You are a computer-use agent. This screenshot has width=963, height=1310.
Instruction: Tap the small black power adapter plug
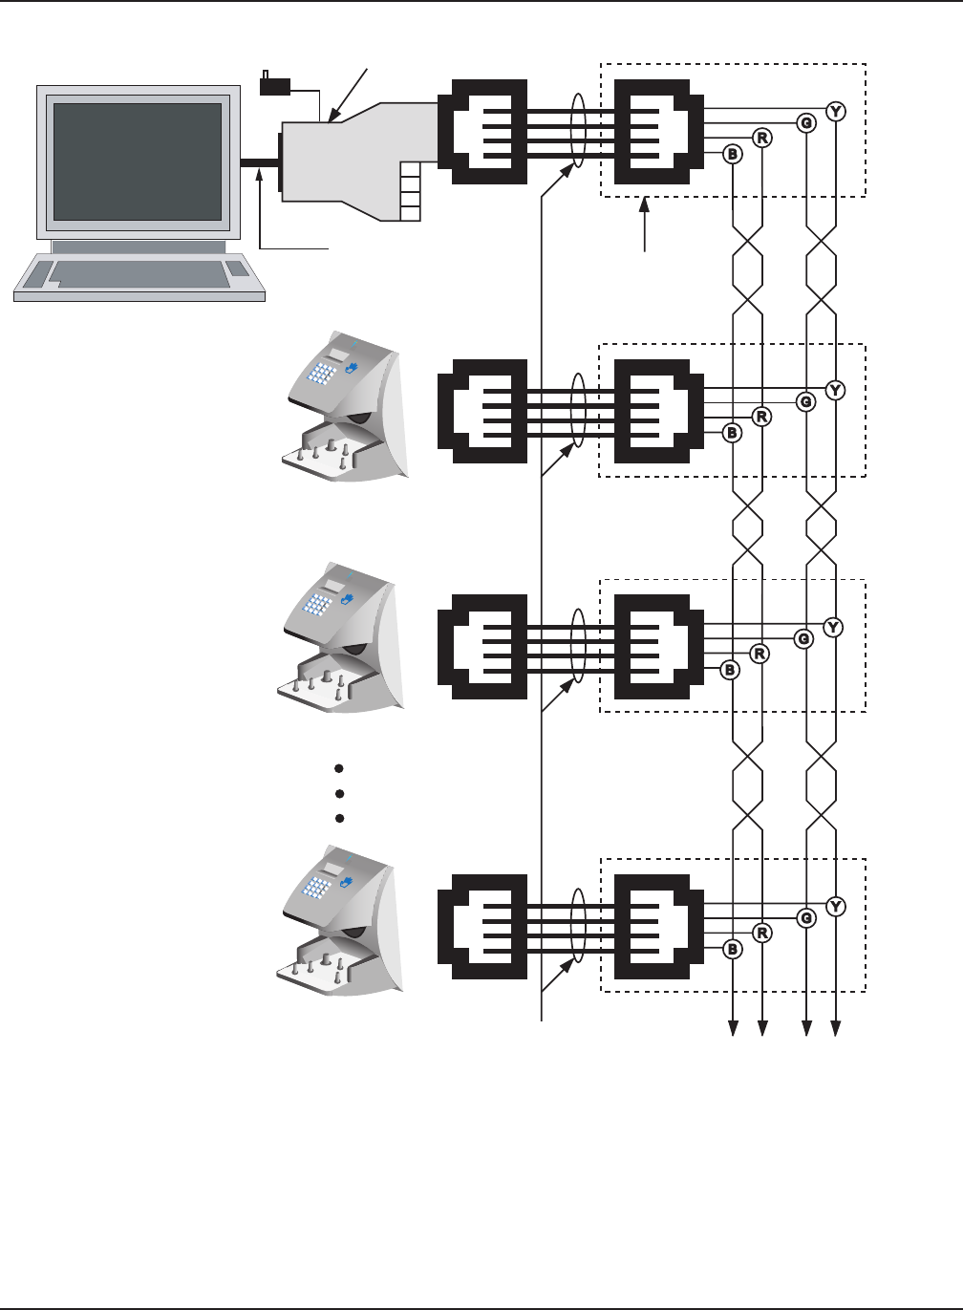tap(274, 86)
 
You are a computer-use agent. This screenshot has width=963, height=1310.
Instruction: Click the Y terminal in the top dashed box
tap(836, 112)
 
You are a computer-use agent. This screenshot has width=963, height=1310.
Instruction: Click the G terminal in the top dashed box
tap(806, 122)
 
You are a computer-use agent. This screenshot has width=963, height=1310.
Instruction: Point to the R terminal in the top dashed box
tap(762, 138)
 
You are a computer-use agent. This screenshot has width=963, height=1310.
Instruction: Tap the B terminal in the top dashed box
tap(733, 154)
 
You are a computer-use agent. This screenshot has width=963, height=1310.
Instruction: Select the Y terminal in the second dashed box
tap(836, 390)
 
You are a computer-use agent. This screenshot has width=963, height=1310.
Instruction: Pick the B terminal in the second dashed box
tap(733, 433)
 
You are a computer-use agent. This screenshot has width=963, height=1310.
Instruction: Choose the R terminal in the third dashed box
tap(760, 655)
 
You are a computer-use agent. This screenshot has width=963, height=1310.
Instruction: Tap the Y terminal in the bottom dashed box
tap(836, 906)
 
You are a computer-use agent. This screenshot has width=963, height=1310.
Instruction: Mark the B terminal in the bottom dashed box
tap(733, 949)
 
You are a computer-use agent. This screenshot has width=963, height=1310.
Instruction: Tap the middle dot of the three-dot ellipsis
tap(339, 793)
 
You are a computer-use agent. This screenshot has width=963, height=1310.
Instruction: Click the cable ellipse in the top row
tap(577, 130)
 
